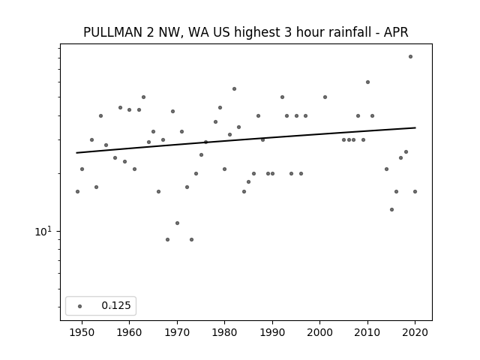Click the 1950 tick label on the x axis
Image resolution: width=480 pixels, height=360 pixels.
(x=82, y=332)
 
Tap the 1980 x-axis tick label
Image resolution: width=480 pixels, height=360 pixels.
(x=224, y=332)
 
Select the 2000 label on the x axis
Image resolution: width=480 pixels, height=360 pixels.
(x=320, y=332)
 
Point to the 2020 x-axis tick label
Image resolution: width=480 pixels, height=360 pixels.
(x=415, y=332)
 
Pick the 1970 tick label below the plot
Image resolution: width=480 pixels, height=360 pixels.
(x=177, y=332)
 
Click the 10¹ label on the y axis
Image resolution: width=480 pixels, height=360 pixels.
(x=43, y=232)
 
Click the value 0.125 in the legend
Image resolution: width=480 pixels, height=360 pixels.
(x=116, y=305)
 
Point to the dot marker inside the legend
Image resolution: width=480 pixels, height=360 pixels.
(x=80, y=306)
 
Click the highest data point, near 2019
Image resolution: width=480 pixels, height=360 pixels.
(x=410, y=57)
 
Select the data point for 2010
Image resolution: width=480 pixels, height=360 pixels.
(x=367, y=82)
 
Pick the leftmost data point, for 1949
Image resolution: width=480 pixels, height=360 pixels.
(x=77, y=192)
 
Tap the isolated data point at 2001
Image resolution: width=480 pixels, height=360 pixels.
(x=325, y=97)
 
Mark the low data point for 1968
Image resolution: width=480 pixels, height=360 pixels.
(x=167, y=239)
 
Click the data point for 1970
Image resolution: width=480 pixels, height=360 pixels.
(x=177, y=223)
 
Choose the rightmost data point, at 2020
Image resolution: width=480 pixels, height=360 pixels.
(x=415, y=192)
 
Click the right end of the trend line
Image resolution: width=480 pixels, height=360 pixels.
(x=415, y=127)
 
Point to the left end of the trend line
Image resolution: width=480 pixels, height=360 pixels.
(x=76, y=153)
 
